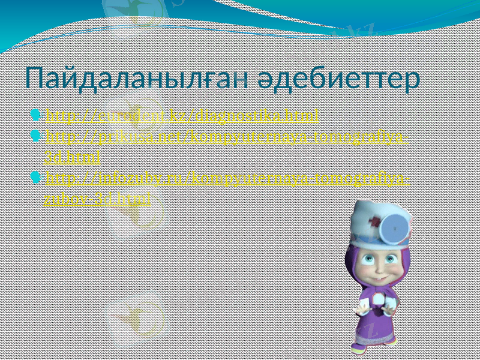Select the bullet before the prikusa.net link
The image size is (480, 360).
click(x=39, y=137)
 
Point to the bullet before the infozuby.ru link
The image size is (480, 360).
click(x=39, y=177)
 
